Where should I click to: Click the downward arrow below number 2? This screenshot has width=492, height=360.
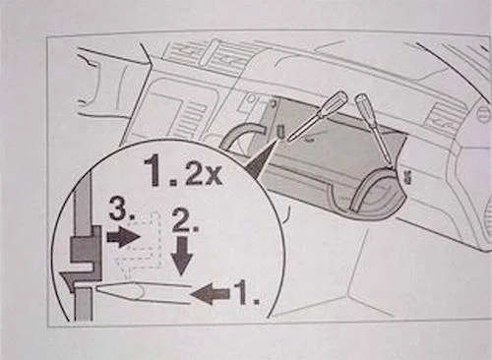[x=180, y=259]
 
